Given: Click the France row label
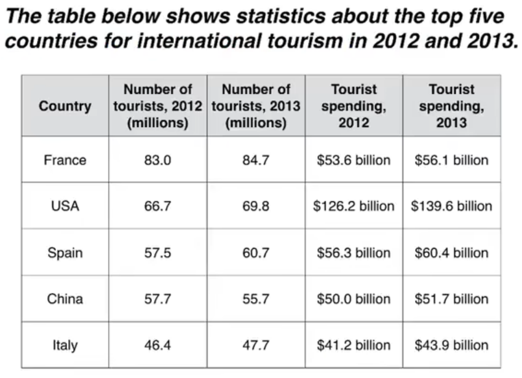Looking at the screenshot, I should (65, 160).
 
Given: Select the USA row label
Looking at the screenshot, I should (65, 207).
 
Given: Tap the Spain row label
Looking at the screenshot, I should (65, 253).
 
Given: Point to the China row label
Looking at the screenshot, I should (65, 299).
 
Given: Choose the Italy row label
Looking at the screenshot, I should (65, 345).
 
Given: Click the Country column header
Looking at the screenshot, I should (65, 106).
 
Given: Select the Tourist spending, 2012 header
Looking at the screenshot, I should (354, 106).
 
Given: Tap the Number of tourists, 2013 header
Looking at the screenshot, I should (256, 106).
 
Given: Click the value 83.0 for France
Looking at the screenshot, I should (157, 160).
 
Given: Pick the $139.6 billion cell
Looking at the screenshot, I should (451, 207).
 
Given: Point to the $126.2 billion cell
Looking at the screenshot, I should (354, 207).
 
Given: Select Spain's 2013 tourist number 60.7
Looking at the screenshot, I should (256, 253).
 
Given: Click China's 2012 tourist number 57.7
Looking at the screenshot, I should (157, 299).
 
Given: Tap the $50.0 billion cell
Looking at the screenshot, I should (354, 299).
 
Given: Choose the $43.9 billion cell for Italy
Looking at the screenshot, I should (451, 345).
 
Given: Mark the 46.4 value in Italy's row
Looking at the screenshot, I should (157, 345).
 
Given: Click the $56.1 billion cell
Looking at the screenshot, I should (451, 160).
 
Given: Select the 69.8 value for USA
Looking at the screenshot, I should (256, 207).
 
